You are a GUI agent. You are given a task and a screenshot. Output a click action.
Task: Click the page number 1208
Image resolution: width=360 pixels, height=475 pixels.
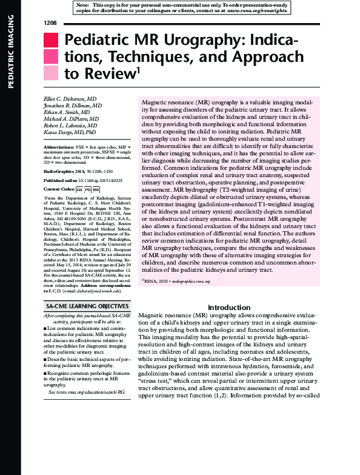50,22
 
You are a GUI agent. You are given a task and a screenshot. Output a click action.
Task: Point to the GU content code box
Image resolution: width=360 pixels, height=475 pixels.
79,190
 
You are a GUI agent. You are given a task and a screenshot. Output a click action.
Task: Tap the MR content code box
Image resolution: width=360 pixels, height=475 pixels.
96,190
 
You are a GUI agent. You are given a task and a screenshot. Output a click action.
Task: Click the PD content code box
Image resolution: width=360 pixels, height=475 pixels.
88,190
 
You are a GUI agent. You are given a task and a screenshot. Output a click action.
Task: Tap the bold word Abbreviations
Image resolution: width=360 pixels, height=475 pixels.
60,147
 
